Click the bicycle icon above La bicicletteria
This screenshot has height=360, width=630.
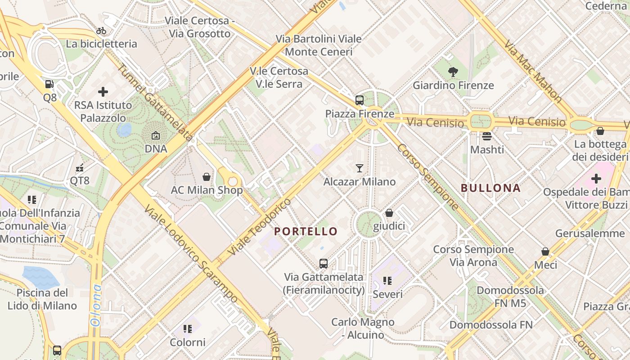coord(102,31)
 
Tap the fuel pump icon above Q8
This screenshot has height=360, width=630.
coord(49,84)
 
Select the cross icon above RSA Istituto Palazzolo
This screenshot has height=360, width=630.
coord(103,92)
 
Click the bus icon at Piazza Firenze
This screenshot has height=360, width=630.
coord(360,100)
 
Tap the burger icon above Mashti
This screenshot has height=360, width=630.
coord(487,135)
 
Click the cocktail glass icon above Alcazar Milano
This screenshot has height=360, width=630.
coord(360,168)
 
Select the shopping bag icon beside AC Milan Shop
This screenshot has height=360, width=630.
coord(207,177)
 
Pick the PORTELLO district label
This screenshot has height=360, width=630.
coord(306,231)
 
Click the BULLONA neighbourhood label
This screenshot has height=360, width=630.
coord(491,188)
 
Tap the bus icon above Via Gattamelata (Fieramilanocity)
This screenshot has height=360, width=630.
coord(324,264)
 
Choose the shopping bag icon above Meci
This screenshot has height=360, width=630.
coord(545,252)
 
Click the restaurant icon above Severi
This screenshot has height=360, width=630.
coord(387,281)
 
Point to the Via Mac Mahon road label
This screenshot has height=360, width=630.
coord(533,71)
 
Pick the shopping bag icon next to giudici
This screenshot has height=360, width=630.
coord(389,213)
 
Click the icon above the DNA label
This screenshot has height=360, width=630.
coord(156,135)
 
